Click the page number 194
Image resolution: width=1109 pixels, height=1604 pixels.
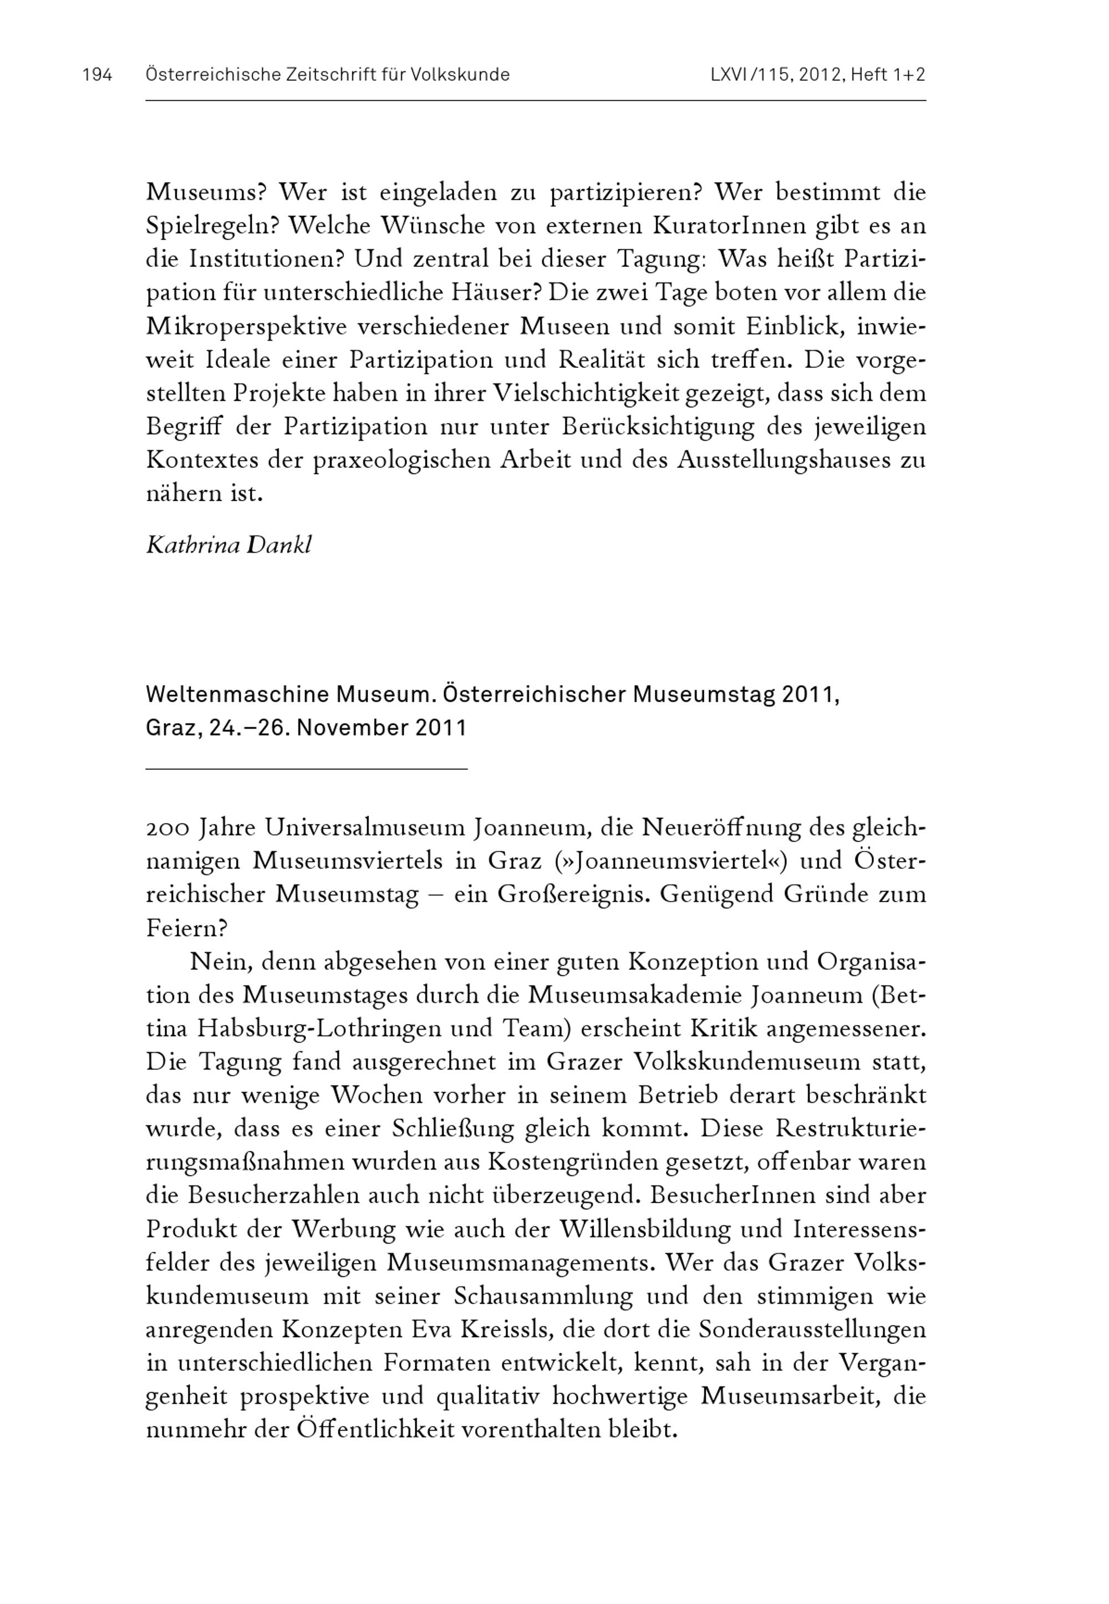97,75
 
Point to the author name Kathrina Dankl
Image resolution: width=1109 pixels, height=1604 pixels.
228,546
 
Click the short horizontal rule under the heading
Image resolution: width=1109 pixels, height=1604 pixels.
307,769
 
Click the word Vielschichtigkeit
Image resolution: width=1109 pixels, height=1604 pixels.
587,393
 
